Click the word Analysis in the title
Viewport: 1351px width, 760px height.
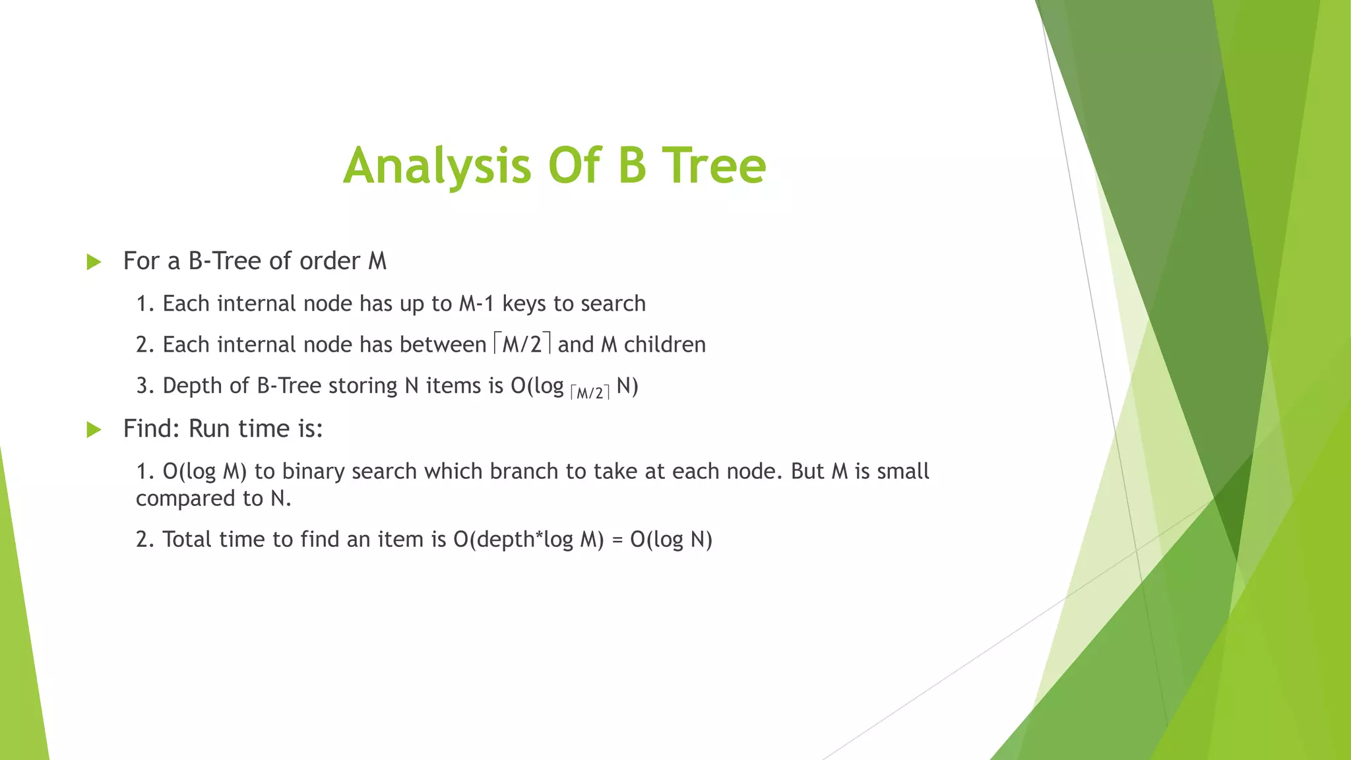(437, 166)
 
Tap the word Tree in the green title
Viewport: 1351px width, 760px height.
(714, 166)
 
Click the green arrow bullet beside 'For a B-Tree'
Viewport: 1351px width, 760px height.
(94, 262)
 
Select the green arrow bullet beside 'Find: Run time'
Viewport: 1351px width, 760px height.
(94, 430)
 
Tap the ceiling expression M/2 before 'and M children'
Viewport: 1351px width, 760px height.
(521, 344)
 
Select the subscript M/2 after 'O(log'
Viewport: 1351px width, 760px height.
(590, 393)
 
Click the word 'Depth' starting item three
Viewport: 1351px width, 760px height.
(192, 385)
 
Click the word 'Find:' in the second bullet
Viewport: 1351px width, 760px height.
(151, 429)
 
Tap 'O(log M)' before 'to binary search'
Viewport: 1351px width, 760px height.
(204, 472)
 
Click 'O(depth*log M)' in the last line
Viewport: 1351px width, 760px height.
(528, 540)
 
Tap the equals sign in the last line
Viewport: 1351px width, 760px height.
(617, 540)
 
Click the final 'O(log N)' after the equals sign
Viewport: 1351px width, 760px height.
(671, 540)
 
